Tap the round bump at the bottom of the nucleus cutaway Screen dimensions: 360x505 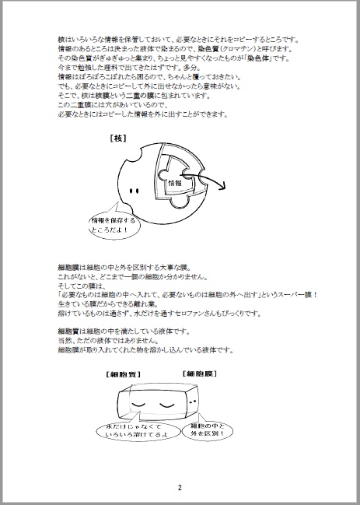[x=180, y=209]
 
